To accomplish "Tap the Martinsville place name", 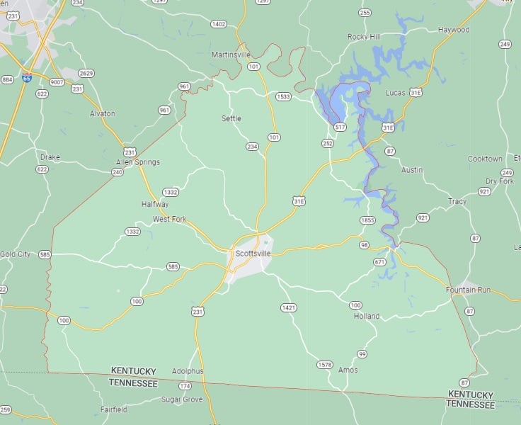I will click(x=231, y=55).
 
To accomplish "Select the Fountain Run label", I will click(x=468, y=290).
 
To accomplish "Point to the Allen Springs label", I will click(x=138, y=162).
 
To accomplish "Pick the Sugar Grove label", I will click(x=181, y=399).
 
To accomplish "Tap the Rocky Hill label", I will click(x=364, y=36).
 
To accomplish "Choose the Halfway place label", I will click(x=155, y=204).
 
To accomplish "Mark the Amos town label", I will click(x=348, y=370).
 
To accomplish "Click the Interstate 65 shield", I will click(x=27, y=79).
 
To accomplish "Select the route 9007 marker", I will click(x=56, y=82).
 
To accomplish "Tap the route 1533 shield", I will click(x=283, y=96).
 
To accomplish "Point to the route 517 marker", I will click(x=340, y=127).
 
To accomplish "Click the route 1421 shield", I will click(x=288, y=307).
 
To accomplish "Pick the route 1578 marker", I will click(x=324, y=365).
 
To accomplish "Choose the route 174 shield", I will click(x=185, y=386).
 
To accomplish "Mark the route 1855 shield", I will click(x=367, y=220).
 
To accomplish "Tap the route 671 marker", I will click(x=380, y=262).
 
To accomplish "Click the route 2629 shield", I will click(x=86, y=74).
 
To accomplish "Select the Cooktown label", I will click(x=485, y=159).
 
